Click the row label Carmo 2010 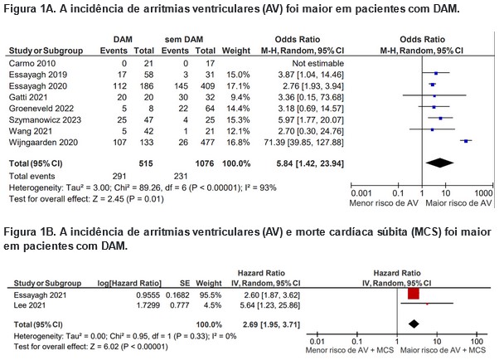32,63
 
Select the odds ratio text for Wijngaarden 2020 304,143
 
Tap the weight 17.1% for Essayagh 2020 239,86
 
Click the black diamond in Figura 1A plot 440,163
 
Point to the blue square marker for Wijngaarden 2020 466,141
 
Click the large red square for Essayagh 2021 414,294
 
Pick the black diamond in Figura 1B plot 414,324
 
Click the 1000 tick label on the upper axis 483,193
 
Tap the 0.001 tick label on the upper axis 361,193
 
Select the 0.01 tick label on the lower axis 317,342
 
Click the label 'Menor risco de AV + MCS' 350,350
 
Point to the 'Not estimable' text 318,63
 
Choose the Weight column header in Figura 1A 236,51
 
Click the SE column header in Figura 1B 185,283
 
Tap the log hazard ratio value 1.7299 148,305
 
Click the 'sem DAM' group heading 184,40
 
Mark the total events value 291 119,176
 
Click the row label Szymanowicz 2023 45,119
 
